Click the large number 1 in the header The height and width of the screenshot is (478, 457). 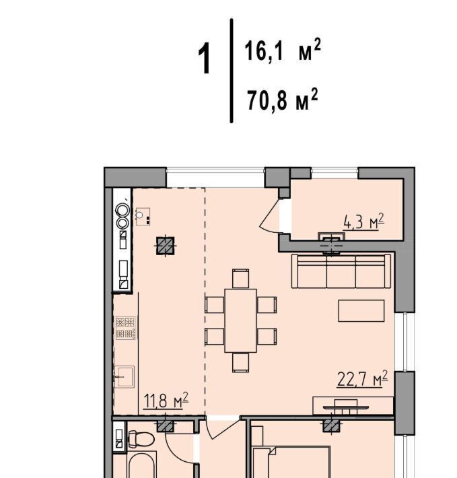coord(205,58)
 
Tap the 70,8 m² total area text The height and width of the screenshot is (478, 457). coord(283,100)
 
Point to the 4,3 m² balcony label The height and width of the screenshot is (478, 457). coord(363,221)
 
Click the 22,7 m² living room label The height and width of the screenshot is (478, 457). coord(362,379)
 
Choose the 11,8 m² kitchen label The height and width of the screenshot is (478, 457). coord(166,401)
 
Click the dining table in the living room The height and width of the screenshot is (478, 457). coord(241,320)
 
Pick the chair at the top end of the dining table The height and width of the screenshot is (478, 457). coord(240,279)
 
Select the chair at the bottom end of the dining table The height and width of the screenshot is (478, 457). coord(240,362)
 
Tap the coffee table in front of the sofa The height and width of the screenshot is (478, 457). coord(361,310)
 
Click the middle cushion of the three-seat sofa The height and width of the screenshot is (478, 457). coord(341,272)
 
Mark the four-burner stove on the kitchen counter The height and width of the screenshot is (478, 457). coord(125,328)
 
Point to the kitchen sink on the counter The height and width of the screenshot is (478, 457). coord(125,377)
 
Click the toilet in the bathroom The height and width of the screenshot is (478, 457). coord(141,439)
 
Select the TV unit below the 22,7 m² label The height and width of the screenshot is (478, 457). coord(353,406)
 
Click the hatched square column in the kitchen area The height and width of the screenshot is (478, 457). coord(166,246)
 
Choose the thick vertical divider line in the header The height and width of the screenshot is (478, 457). coord(232,71)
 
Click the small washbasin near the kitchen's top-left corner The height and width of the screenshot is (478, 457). coord(143,216)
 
